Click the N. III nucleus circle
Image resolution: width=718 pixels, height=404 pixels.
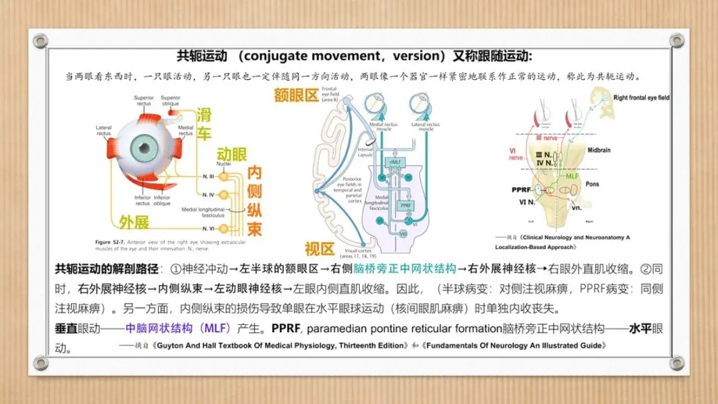[x=223, y=177]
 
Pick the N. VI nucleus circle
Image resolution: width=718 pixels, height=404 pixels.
[x=223, y=229]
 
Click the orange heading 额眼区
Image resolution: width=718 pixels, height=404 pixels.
[x=297, y=95]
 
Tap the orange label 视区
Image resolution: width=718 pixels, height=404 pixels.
[x=317, y=249]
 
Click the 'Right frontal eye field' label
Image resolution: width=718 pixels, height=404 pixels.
[x=641, y=98]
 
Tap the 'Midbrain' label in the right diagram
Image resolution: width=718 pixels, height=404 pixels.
[x=598, y=150]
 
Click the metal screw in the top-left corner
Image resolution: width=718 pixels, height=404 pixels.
[x=41, y=41]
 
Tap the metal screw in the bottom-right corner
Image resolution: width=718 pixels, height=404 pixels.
[x=677, y=363]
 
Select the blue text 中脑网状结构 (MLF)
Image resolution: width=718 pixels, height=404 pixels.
[x=178, y=328]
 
